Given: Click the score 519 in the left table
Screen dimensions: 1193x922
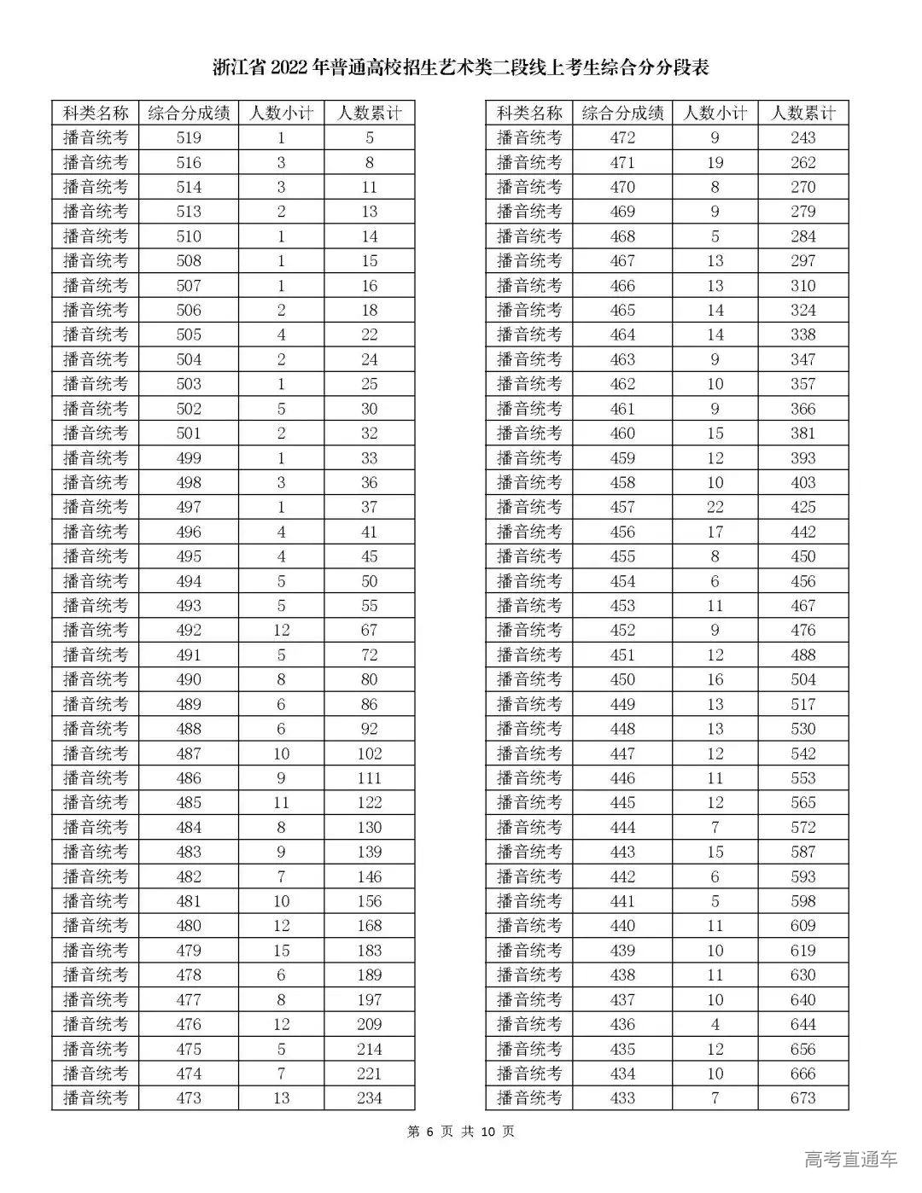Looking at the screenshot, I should click(189, 138).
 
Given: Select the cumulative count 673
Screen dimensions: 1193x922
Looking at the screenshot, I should click(802, 1098).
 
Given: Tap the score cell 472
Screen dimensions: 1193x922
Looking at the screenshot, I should click(622, 138).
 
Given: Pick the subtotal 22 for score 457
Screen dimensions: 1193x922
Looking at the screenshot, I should click(715, 508).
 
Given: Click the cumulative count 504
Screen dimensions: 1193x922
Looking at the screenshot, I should click(802, 680).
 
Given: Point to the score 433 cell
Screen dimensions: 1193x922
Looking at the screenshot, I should click(622, 1098).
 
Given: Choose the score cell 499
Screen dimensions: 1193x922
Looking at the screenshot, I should click(189, 458).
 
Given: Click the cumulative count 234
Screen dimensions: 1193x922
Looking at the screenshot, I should click(369, 1098).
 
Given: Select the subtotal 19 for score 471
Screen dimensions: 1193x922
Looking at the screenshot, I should click(715, 163).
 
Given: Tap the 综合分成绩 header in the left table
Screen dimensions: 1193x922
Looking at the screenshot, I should click(189, 113).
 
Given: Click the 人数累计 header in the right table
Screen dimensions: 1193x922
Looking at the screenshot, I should click(802, 113).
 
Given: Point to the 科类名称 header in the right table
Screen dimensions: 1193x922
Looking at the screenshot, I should click(529, 113).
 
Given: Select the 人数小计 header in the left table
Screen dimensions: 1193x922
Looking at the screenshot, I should click(281, 113).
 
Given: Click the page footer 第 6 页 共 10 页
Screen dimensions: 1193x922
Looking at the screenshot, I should click(461, 1132).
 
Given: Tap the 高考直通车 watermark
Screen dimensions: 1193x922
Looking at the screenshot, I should click(850, 1159).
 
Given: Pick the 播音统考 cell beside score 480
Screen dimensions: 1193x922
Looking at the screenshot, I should click(96, 926).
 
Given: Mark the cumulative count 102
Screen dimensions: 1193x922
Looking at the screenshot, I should click(369, 754).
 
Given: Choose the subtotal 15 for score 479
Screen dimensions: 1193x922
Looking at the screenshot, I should click(281, 951).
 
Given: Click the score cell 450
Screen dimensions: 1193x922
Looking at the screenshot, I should click(622, 680).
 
